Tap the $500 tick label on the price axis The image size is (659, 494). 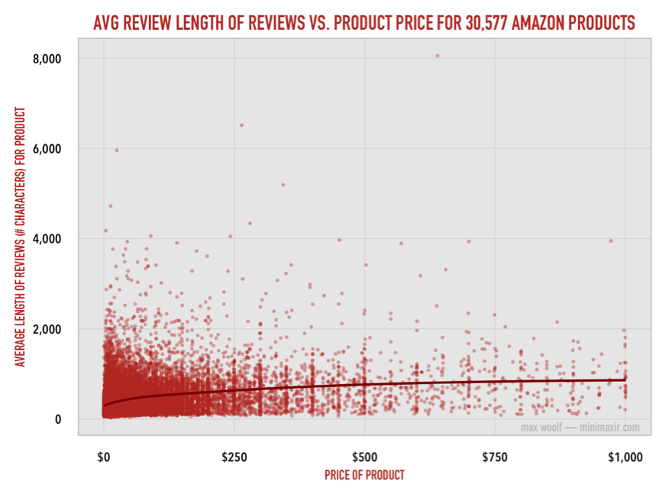[365, 457]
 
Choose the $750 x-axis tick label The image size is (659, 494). [496, 457]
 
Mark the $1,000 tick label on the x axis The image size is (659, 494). [625, 457]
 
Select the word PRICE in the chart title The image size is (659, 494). [415, 24]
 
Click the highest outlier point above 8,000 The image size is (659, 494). [437, 56]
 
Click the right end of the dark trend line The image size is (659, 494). [625, 379]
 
